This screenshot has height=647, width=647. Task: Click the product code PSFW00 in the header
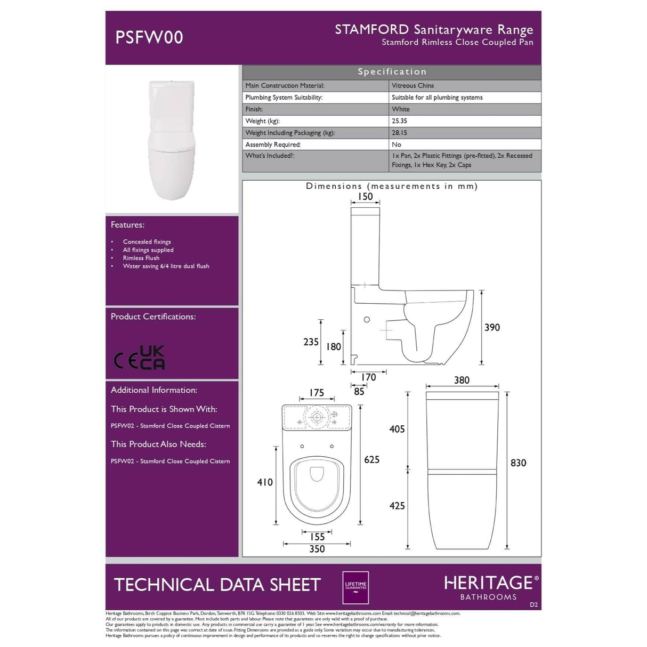149,37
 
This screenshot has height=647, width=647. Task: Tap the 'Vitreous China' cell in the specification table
413,86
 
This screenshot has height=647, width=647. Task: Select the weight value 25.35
399,121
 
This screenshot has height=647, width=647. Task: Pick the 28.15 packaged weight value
399,133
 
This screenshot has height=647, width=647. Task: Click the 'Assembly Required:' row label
273,144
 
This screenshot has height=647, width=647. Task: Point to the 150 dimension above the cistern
365,197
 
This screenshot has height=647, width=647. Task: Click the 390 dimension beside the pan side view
492,327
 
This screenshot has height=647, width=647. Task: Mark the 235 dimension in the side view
311,342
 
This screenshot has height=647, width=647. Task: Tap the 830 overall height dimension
518,463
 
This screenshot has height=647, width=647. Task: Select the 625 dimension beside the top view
371,459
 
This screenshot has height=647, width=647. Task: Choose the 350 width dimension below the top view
317,549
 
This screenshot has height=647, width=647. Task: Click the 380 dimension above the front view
462,380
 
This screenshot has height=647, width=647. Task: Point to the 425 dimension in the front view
397,506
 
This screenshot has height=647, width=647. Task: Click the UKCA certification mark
152,358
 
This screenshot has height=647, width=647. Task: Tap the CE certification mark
126,361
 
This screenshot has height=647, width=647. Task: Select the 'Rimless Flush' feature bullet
141,258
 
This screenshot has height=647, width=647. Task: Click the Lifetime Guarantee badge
355,587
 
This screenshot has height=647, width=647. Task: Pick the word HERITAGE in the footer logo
488,583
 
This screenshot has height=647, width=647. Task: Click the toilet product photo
172,140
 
